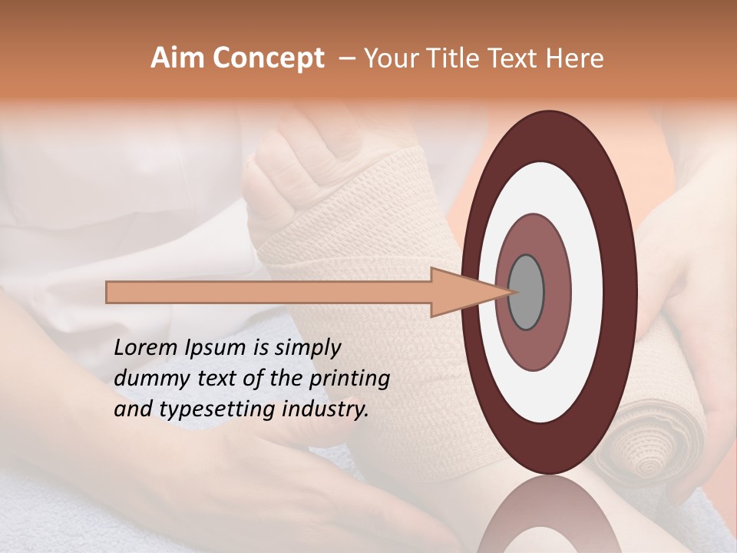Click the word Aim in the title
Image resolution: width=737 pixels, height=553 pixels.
point(178,58)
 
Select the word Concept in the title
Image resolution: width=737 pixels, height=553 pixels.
point(269,58)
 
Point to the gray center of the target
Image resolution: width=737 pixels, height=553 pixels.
point(527,292)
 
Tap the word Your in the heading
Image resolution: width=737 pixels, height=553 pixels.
point(387,58)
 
